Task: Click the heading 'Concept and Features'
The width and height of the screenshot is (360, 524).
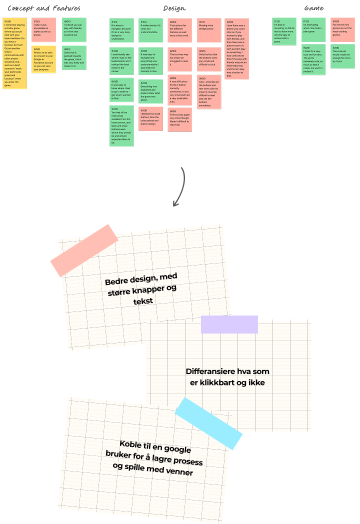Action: click(44, 8)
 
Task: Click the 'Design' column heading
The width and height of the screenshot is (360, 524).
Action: click(174, 8)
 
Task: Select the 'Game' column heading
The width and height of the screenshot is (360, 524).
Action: click(313, 8)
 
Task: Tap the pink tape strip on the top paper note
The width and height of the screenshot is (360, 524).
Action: click(84, 250)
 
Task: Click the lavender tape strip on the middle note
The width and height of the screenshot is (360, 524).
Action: click(229, 324)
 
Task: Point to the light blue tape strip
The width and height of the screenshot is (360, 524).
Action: click(208, 423)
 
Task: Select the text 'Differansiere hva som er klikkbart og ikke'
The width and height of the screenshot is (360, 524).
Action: click(227, 377)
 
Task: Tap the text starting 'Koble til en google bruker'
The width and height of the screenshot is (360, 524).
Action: click(149, 457)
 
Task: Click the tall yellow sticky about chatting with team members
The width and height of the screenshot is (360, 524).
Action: click(14, 53)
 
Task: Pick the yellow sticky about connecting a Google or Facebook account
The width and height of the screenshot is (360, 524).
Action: click(43, 59)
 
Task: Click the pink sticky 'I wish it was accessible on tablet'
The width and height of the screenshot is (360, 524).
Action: click(43, 29)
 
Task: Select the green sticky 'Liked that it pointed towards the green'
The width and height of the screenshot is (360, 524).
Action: click(74, 57)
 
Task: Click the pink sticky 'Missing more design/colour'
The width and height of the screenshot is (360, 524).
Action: click(208, 30)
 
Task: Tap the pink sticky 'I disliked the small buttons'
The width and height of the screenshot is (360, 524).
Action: click(150, 119)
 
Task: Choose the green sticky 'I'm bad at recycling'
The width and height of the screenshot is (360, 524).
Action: click(284, 31)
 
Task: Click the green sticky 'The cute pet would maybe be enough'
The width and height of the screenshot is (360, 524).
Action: click(342, 56)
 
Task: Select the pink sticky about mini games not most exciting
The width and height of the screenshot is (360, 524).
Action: click(342, 29)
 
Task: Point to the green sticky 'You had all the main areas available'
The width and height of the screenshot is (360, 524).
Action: click(121, 125)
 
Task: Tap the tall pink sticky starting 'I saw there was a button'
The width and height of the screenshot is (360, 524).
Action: click(237, 48)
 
